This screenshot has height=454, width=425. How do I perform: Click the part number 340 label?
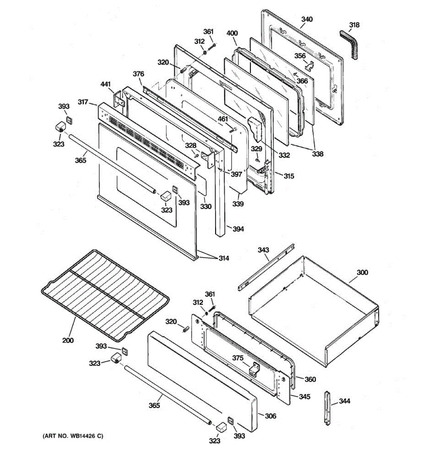[307, 19]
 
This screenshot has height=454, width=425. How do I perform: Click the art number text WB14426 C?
[72, 436]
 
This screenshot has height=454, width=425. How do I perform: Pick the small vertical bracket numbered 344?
[327, 409]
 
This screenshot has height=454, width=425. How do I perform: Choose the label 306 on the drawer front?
[270, 416]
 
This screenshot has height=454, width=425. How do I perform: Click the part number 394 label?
[238, 229]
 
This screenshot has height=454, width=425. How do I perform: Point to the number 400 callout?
[232, 33]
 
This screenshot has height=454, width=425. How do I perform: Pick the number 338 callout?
[318, 154]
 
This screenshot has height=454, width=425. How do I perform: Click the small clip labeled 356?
[310, 66]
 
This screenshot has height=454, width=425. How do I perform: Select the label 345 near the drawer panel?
[304, 396]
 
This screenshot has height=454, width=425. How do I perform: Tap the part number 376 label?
[138, 74]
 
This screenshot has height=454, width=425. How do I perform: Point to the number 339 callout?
[238, 204]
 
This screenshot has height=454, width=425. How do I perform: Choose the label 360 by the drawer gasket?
[310, 379]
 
